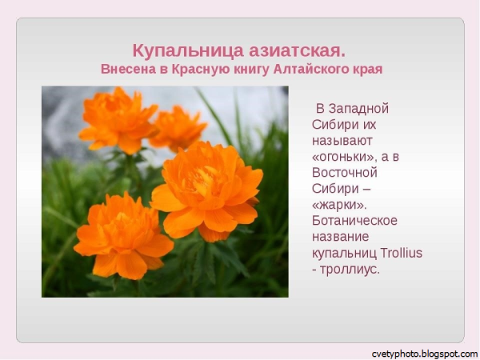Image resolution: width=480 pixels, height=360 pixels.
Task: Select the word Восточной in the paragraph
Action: point(344,172)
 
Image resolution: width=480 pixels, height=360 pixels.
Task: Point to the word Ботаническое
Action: point(354,220)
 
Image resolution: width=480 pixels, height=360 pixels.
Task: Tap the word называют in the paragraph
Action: point(342,140)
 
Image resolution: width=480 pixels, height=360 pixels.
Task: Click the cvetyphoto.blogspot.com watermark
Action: point(424,353)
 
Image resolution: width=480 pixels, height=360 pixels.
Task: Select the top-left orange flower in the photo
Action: point(118,120)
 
